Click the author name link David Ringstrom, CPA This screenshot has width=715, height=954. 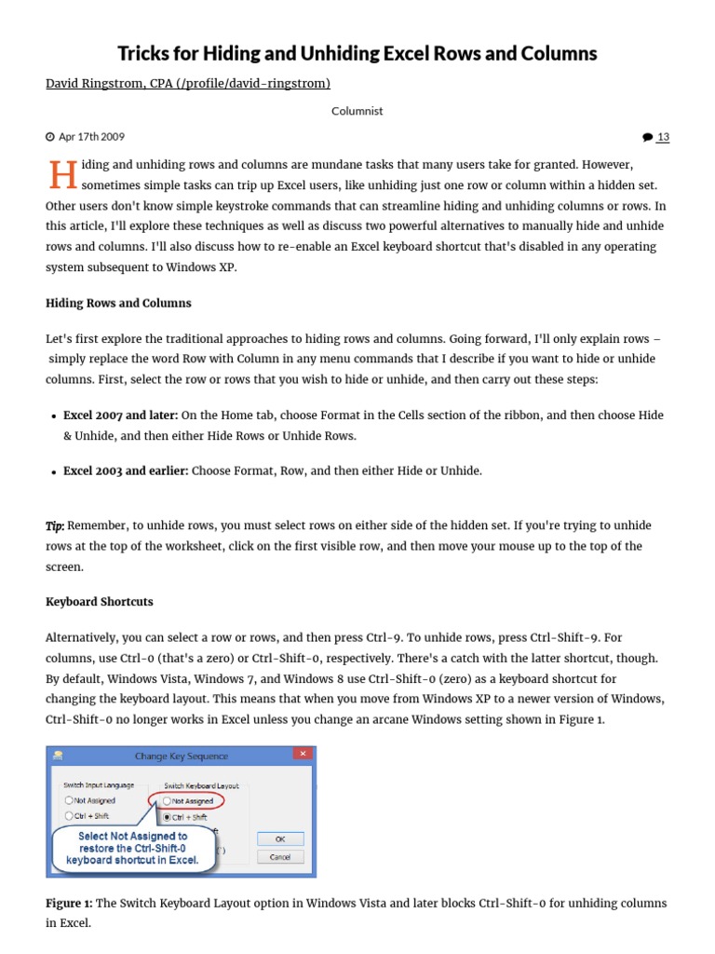187,84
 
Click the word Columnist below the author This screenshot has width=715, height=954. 357,111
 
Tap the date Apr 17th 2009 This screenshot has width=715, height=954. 90,137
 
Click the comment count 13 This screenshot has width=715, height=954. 662,137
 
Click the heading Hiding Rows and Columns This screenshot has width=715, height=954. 118,303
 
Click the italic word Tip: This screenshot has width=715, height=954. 55,525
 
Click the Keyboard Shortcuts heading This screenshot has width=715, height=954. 100,602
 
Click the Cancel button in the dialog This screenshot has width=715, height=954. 279,856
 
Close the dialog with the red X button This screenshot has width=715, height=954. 303,754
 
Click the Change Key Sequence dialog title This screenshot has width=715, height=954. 181,756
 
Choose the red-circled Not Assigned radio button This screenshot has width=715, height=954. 168,800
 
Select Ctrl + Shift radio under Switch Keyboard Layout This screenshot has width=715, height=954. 168,817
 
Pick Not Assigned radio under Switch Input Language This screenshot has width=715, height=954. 69,800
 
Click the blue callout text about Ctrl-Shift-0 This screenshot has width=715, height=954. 132,848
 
